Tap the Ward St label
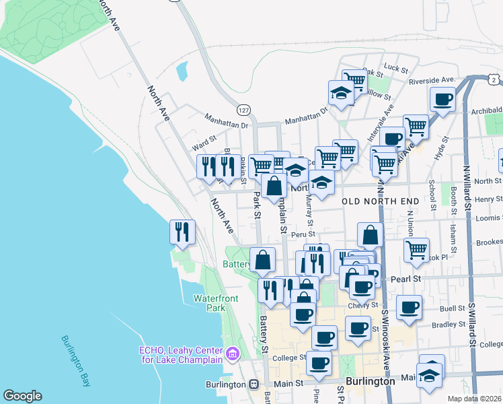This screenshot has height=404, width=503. coord(204,143)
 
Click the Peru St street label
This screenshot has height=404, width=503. coord(298,235)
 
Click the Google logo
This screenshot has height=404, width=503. coord(22,396)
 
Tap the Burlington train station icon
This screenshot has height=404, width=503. coord(254,384)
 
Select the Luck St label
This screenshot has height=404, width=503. coord(397,69)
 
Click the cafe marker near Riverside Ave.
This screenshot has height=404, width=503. coord(442,100)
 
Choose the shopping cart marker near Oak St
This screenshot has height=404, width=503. coord(354,81)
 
